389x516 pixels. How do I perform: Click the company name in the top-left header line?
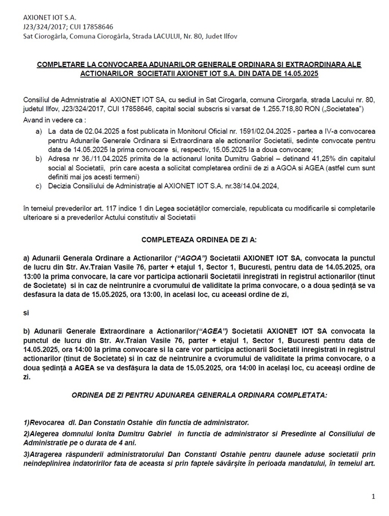point(45,17)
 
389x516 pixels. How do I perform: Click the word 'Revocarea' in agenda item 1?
point(45,421)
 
